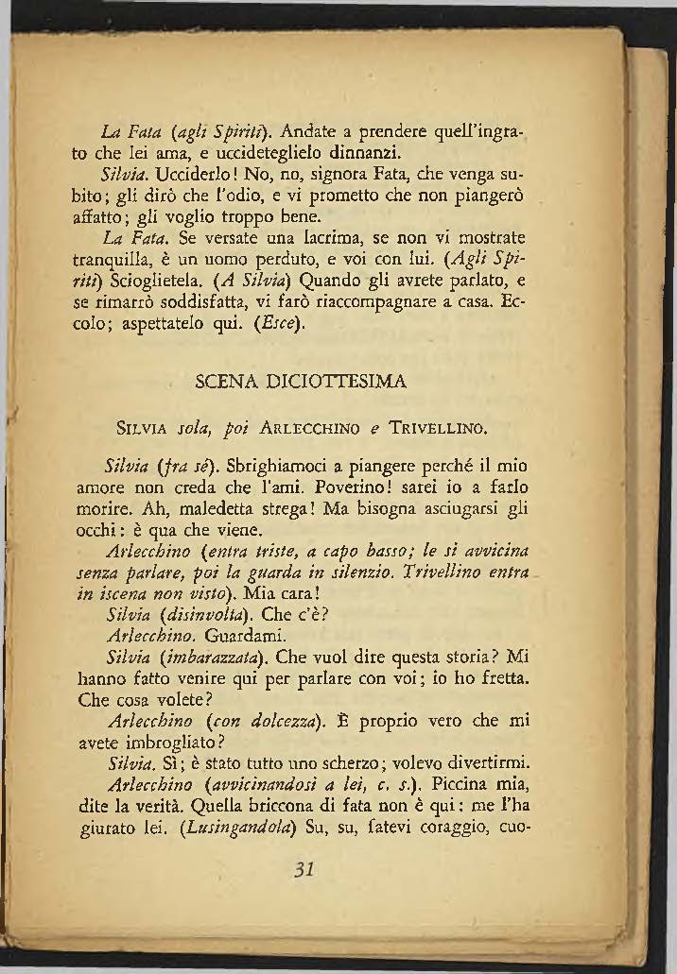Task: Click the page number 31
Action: [x=304, y=869]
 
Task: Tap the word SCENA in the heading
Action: [x=219, y=382]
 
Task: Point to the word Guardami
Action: [x=245, y=633]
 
